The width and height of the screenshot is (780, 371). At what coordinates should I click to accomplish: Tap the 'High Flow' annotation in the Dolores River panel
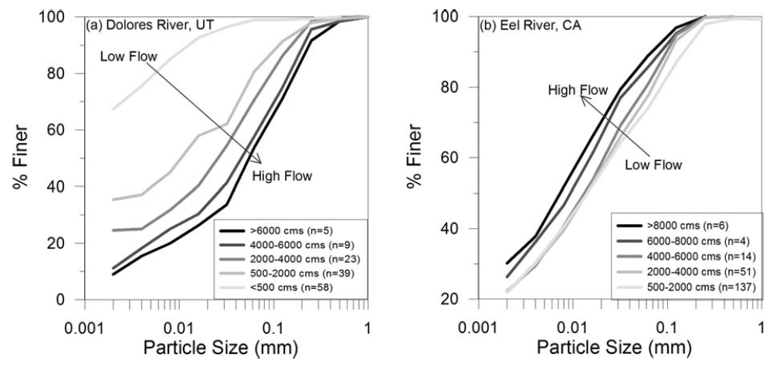(282, 176)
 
